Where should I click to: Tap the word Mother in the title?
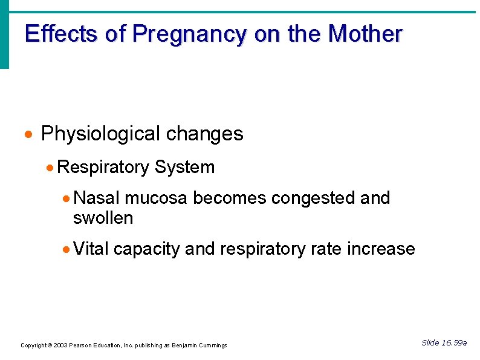click(365, 34)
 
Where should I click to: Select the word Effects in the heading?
click(62, 34)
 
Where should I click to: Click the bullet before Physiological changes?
click(29, 134)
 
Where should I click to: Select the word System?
click(184, 167)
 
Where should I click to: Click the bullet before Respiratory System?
click(51, 168)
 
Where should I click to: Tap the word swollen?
click(103, 218)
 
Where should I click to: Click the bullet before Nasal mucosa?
click(68, 198)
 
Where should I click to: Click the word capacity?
click(146, 249)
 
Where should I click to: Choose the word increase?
click(381, 249)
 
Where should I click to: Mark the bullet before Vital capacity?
click(68, 249)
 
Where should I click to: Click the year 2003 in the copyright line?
click(60, 345)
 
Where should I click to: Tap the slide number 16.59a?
click(453, 343)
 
